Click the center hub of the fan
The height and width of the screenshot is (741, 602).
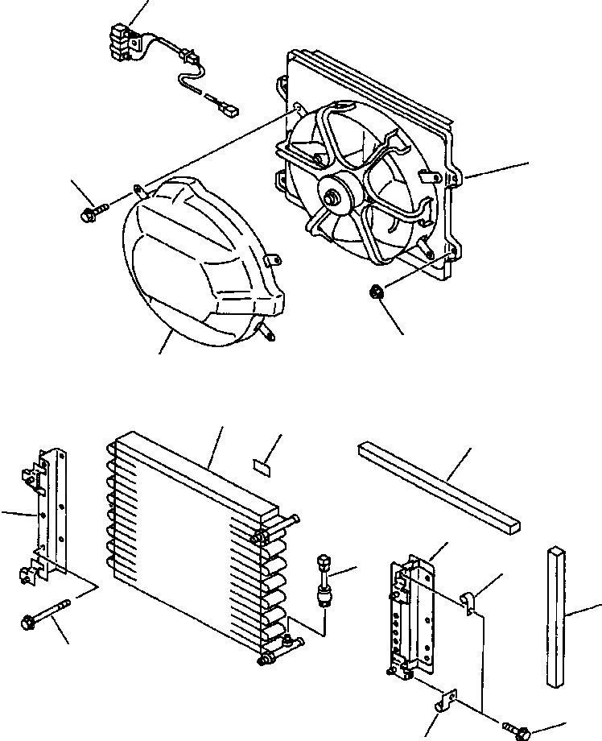(332, 196)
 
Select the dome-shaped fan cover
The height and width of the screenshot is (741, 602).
(201, 266)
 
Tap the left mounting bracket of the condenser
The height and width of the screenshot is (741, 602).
(50, 515)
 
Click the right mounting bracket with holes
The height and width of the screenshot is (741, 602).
(413, 616)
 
